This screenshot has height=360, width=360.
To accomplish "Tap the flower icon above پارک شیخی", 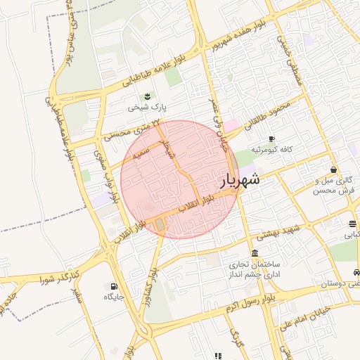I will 148,96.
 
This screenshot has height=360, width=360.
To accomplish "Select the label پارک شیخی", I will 148,108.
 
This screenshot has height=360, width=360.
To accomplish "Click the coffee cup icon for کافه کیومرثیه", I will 272,139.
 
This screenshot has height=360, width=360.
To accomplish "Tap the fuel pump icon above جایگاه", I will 114,285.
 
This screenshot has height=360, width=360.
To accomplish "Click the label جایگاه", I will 114,297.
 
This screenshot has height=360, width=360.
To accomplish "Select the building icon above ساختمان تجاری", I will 254,253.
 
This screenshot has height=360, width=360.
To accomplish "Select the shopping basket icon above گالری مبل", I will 333,169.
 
